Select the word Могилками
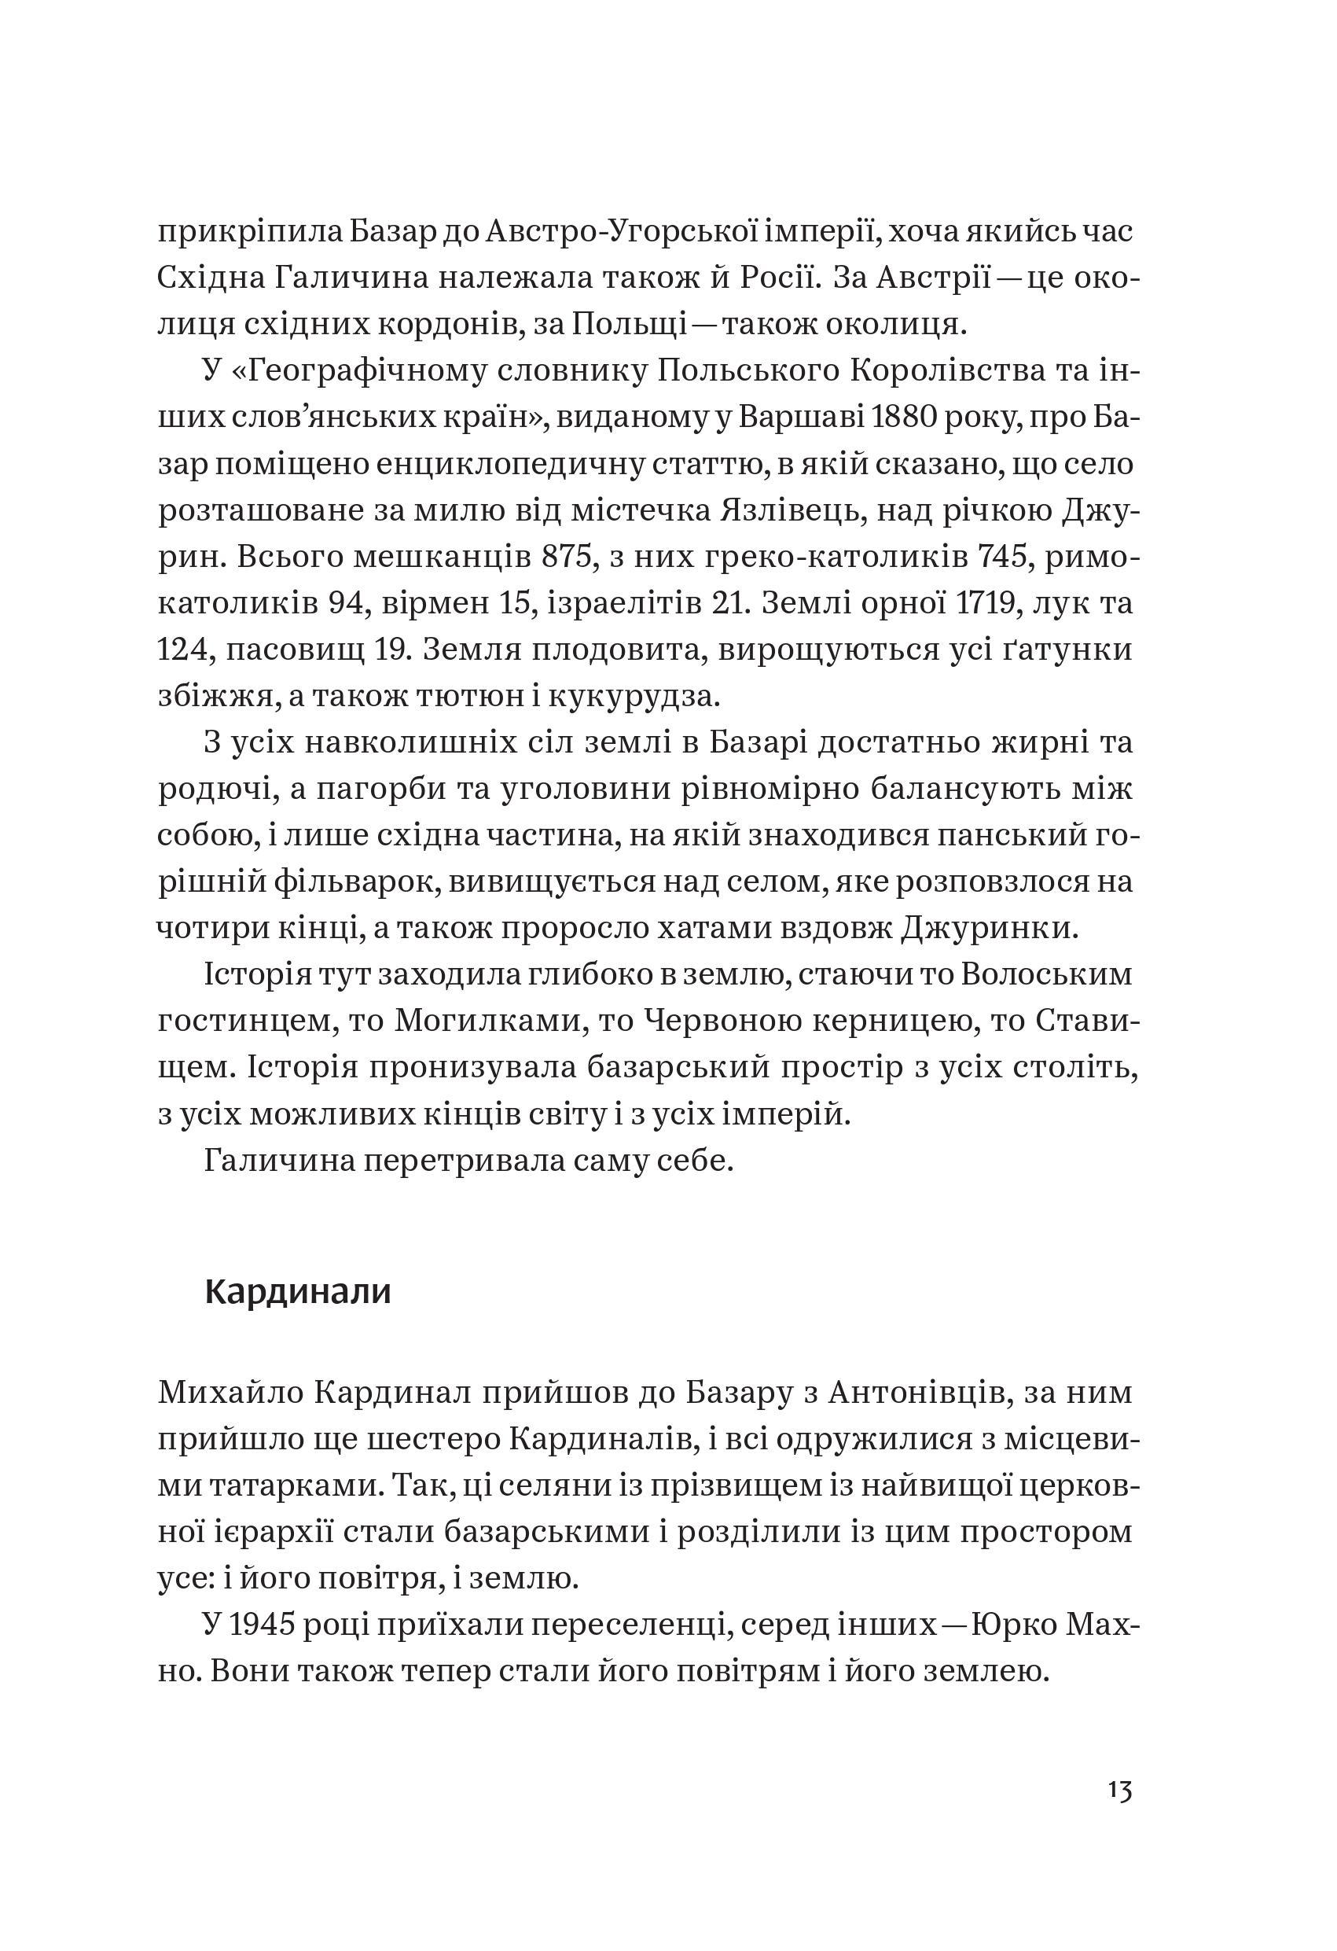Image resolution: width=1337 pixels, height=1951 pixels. pos(487,1022)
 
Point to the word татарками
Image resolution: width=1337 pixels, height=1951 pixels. pos(292,1486)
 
